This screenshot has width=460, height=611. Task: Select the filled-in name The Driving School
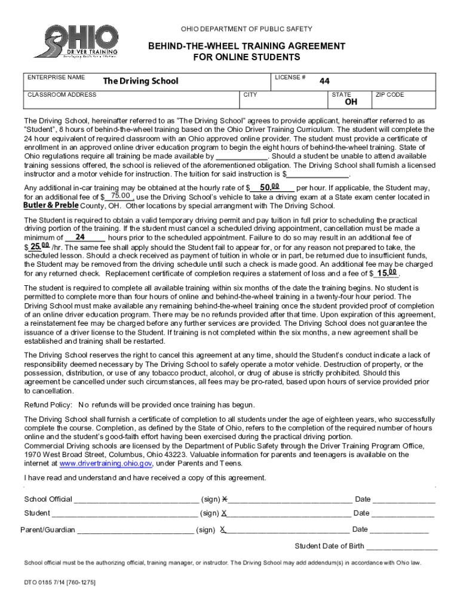[x=140, y=81]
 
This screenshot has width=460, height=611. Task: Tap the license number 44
[x=324, y=81]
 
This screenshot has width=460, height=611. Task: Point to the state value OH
[x=351, y=103]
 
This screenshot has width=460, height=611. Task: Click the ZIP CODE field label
[x=390, y=95]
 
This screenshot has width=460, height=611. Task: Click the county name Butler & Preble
[x=51, y=205]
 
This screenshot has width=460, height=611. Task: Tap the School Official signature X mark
[x=224, y=499]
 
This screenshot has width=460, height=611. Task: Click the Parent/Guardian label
[x=48, y=529]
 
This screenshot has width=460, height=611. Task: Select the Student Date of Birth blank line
[x=401, y=547]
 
